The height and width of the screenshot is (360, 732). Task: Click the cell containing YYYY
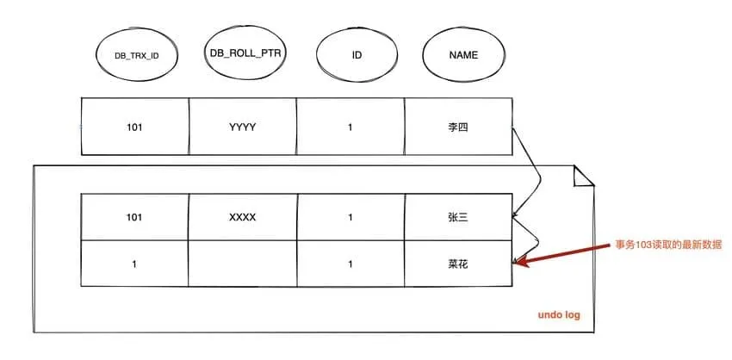click(x=242, y=127)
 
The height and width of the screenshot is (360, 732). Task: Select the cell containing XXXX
click(x=242, y=217)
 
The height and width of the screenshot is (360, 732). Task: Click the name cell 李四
click(x=457, y=127)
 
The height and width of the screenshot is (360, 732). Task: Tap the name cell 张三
click(x=457, y=217)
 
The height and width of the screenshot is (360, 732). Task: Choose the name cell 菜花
click(x=457, y=264)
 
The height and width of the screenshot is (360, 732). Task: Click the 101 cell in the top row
click(x=134, y=127)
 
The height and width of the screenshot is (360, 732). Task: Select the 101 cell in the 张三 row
click(x=134, y=217)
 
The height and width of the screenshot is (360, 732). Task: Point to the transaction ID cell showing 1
click(x=134, y=264)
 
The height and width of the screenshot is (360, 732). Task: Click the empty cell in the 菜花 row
click(x=242, y=264)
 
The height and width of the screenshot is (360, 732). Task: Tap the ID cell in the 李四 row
click(x=350, y=127)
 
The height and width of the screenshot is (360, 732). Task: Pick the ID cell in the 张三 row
click(x=350, y=217)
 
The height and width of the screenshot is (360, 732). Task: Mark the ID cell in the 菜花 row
click(x=350, y=264)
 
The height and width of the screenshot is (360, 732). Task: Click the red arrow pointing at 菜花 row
click(x=564, y=251)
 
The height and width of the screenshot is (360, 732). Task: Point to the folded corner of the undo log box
click(x=584, y=176)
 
